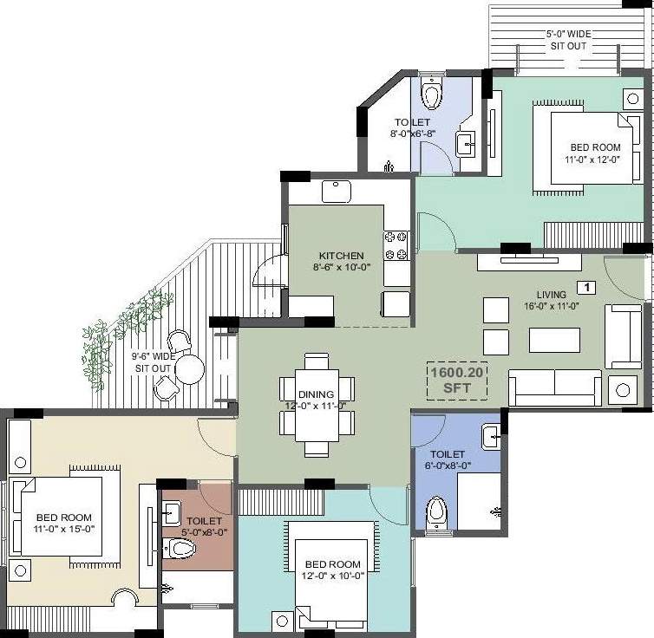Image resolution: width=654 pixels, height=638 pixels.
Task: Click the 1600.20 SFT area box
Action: tap(456, 380)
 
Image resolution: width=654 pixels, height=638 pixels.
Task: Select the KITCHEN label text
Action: tap(341, 261)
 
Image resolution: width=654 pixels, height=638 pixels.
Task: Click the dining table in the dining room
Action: tap(317, 405)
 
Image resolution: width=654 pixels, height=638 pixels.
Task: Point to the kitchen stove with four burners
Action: tap(396, 244)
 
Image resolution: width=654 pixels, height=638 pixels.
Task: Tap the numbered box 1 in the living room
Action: tap(585, 286)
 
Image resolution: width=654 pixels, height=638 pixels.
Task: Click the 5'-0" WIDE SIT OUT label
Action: tap(568, 39)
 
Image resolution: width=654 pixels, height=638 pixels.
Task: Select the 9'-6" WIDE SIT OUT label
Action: tap(154, 361)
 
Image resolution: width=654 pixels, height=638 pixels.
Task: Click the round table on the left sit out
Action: tap(190, 370)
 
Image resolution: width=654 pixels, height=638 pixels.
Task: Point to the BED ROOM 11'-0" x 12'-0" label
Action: tap(595, 153)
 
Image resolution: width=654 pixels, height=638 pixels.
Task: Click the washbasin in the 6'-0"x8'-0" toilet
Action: tap(491, 436)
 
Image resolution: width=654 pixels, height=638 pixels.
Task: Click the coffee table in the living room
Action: tap(554, 340)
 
